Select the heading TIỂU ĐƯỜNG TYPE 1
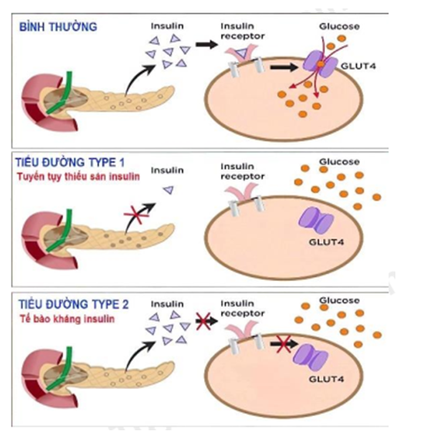[69, 160]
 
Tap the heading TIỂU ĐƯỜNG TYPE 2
[69, 303]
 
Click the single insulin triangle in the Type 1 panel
[167, 192]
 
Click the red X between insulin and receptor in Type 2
[202, 322]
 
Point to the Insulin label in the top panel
[165, 27]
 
